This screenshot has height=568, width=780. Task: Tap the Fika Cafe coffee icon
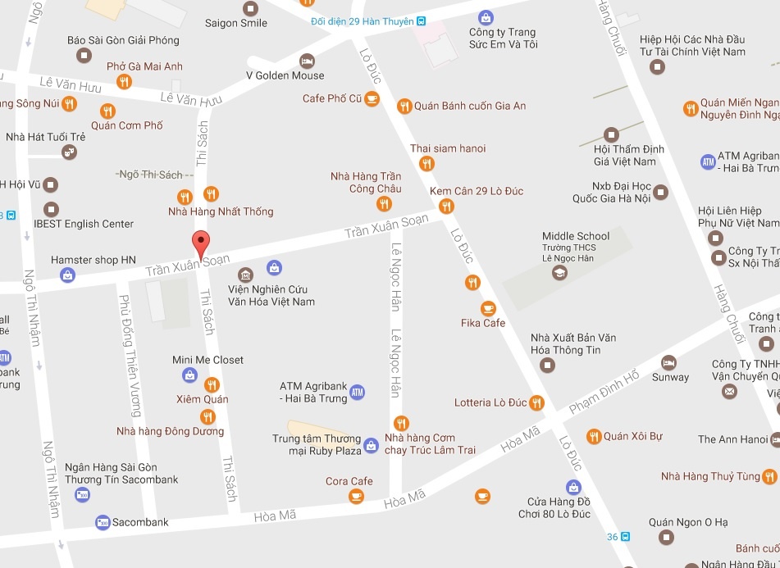[489, 308]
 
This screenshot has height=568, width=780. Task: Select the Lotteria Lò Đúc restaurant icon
[536, 402]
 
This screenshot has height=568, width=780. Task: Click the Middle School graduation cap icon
[559, 273]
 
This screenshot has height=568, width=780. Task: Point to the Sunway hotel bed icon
[669, 362]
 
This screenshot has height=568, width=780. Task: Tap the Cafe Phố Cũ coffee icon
[372, 99]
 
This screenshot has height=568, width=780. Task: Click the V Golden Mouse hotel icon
[307, 61]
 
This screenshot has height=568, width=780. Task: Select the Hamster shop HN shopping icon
[66, 275]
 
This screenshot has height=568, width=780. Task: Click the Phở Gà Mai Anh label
[144, 66]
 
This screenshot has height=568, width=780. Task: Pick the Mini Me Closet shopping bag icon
[189, 375]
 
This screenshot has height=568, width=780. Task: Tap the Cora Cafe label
[349, 481]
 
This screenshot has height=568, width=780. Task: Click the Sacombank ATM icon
[103, 522]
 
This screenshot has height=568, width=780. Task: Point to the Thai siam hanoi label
[448, 148]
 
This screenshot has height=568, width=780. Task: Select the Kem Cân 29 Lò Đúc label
[477, 192]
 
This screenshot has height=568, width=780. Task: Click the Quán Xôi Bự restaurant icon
[593, 436]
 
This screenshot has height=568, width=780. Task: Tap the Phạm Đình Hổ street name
[604, 391]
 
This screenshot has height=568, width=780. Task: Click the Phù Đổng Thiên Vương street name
[130, 355]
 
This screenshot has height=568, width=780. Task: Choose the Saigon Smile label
[242, 23]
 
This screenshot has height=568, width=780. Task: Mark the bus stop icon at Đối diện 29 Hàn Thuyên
[421, 20]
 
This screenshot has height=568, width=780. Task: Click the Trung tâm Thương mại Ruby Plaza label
[317, 444]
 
